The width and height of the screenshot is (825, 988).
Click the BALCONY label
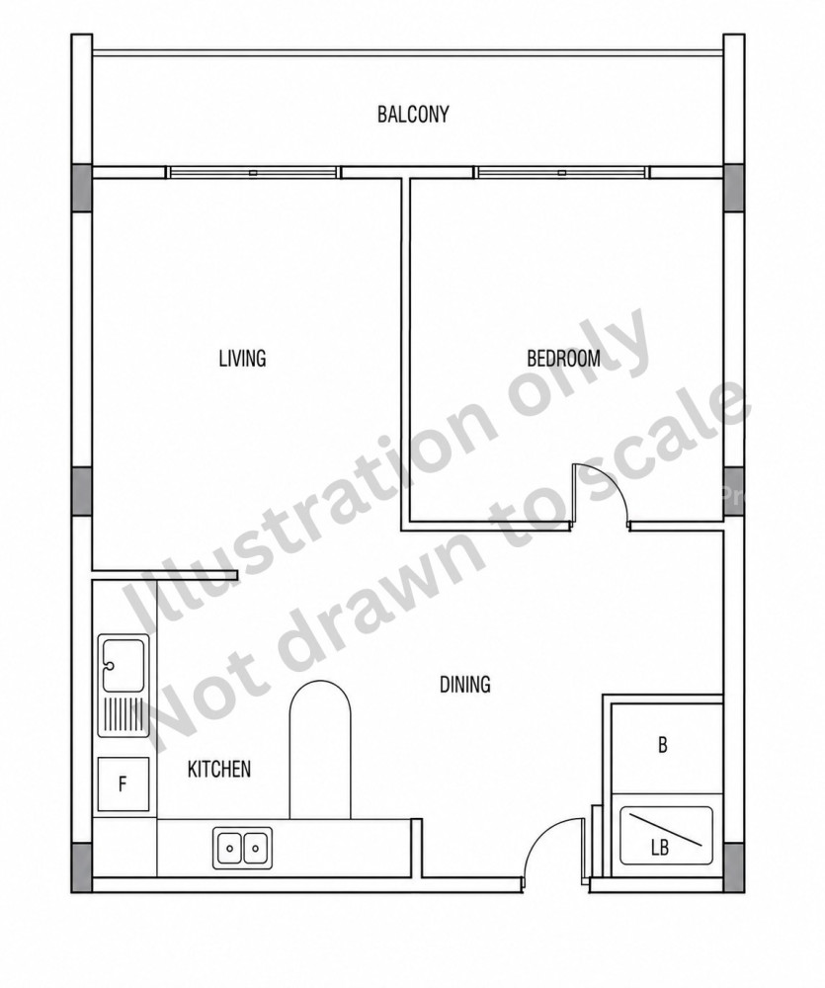413,114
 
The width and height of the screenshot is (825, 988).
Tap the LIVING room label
243,358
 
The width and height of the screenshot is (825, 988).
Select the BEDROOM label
563,358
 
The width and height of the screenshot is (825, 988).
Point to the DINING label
465,684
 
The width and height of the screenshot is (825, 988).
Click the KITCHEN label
219,769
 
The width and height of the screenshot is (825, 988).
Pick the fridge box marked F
124,784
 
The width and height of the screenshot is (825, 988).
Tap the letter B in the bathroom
662,745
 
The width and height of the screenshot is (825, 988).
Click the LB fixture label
660,848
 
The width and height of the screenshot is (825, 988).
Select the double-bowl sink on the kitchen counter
243,848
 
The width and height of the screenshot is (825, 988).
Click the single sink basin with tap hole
124,665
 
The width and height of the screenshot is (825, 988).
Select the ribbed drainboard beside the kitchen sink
124,714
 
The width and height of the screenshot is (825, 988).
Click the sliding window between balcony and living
253,172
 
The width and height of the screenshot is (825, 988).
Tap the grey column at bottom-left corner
82,867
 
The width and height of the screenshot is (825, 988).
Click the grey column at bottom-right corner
734,867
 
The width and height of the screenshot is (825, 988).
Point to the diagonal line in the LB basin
667,831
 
